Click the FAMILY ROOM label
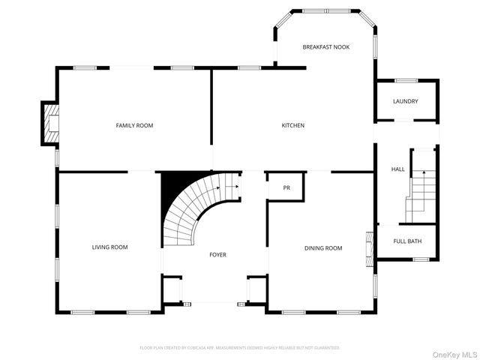134,125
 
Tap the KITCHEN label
292,125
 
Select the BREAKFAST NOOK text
325,46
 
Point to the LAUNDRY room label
406,101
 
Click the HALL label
397,169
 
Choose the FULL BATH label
406,241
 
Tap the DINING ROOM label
322,247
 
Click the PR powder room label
286,187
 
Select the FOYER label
217,255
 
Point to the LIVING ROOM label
109,247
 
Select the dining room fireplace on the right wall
368,250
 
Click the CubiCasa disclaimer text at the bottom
240,348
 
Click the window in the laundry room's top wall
406,80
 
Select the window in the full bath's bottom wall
420,259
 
